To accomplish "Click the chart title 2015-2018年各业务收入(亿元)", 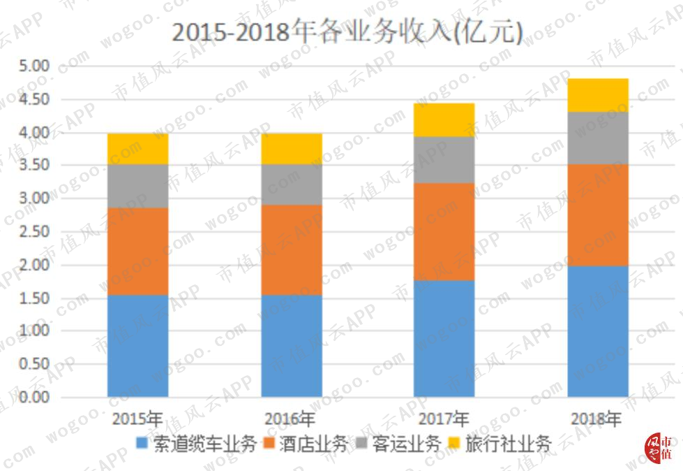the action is pyautogui.click(x=347, y=31).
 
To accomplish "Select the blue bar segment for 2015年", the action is pyautogui.click(x=138, y=346).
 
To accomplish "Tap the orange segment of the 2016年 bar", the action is pyautogui.click(x=292, y=250).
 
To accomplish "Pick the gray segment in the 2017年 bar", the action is pyautogui.click(x=444, y=159).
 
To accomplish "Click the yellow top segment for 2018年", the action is pyautogui.click(x=598, y=95).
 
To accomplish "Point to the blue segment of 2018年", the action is pyautogui.click(x=598, y=331).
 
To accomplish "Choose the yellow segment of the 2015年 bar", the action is pyautogui.click(x=138, y=149).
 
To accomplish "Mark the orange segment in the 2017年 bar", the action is pyautogui.click(x=444, y=231).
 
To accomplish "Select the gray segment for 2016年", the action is pyautogui.click(x=292, y=184).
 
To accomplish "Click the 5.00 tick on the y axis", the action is pyautogui.click(x=34, y=66).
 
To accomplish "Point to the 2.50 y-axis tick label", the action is pyautogui.click(x=34, y=231).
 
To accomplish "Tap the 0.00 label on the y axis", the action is pyautogui.click(x=34, y=398).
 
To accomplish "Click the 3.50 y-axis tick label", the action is pyautogui.click(x=34, y=166).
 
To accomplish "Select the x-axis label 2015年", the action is pyautogui.click(x=137, y=419).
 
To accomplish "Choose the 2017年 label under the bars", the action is pyautogui.click(x=444, y=419).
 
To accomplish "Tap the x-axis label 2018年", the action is pyautogui.click(x=596, y=419).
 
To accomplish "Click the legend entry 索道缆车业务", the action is pyautogui.click(x=197, y=444).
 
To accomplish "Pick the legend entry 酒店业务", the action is pyautogui.click(x=306, y=444).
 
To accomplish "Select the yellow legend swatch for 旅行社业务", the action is pyautogui.click(x=454, y=443).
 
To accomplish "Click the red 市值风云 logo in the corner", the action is pyautogui.click(x=659, y=449).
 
